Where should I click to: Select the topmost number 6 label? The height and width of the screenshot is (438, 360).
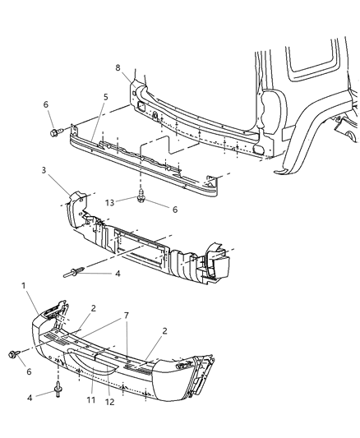[x=46, y=104]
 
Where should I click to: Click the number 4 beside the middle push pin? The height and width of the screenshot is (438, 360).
[x=117, y=273]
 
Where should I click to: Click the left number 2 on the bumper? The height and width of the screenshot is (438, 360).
[x=94, y=308]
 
